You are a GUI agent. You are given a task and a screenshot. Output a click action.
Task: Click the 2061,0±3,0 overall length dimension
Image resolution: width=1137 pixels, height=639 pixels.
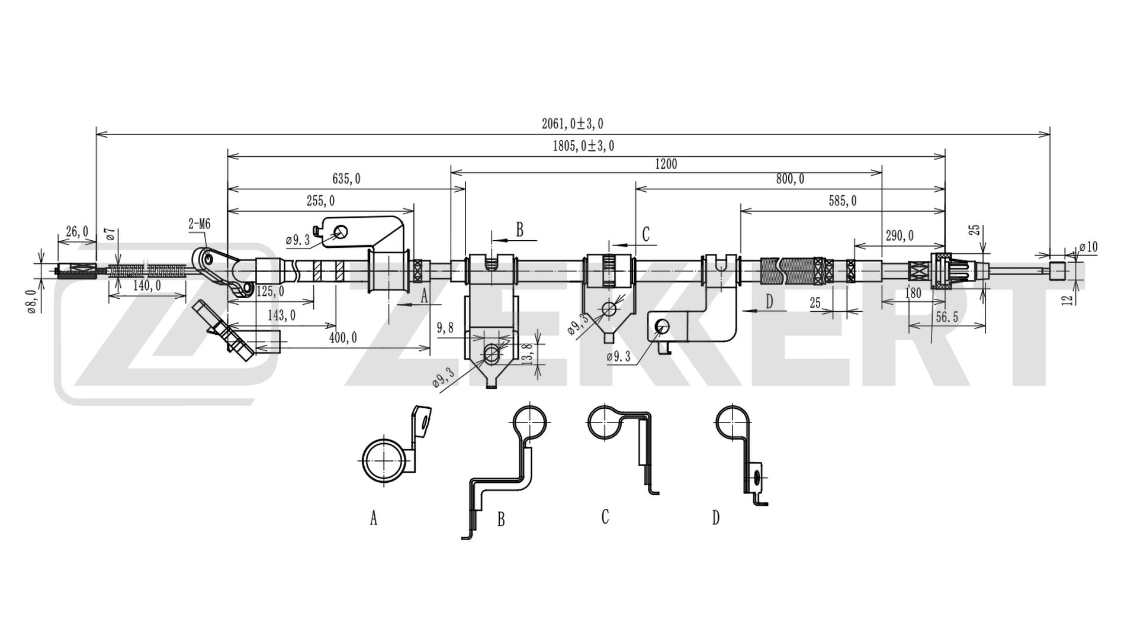(x=572, y=124)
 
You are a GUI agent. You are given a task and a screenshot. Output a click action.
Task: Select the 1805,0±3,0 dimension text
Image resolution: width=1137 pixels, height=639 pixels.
(x=583, y=146)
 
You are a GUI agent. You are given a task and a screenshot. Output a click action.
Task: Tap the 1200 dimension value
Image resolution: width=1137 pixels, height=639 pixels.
(x=666, y=164)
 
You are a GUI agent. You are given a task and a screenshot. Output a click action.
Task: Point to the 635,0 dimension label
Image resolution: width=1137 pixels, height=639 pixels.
(x=346, y=178)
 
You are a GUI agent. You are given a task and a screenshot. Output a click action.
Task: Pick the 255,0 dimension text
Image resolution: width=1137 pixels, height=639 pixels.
(x=320, y=201)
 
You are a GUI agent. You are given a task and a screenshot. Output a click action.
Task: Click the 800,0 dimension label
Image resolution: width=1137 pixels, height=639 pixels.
(x=790, y=179)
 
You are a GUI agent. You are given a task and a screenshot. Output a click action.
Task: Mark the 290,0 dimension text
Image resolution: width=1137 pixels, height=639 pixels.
(x=899, y=236)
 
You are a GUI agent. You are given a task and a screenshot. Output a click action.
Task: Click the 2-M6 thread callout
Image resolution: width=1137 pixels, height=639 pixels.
(x=200, y=224)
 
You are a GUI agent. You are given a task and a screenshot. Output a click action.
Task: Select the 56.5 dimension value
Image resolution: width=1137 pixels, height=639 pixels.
(x=947, y=317)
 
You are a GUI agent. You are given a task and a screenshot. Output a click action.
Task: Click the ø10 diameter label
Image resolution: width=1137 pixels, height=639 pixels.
(x=1088, y=247)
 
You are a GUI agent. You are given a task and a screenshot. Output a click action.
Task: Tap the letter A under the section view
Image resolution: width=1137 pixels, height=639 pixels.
(x=374, y=518)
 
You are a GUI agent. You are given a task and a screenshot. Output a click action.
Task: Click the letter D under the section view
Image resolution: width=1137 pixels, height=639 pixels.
(x=716, y=518)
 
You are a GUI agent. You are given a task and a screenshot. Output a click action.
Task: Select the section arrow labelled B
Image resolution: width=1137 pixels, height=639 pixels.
(x=513, y=239)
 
